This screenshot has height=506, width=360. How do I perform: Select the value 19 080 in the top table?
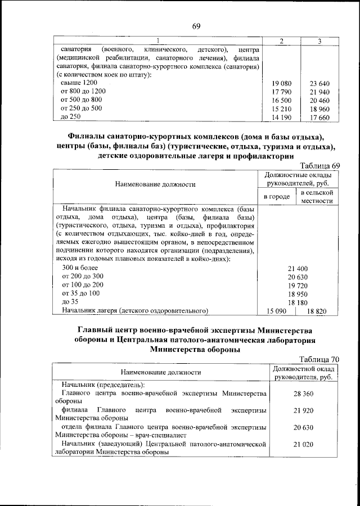click(x=281, y=83)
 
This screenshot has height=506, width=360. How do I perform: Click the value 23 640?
click(x=319, y=83)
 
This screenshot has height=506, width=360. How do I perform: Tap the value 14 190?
click(x=281, y=117)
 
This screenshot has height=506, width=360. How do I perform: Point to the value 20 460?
click(x=319, y=100)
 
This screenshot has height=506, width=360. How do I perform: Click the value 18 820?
click(x=317, y=310)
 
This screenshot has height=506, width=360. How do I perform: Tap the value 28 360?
click(x=303, y=394)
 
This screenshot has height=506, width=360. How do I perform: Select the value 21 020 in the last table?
click(x=303, y=445)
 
